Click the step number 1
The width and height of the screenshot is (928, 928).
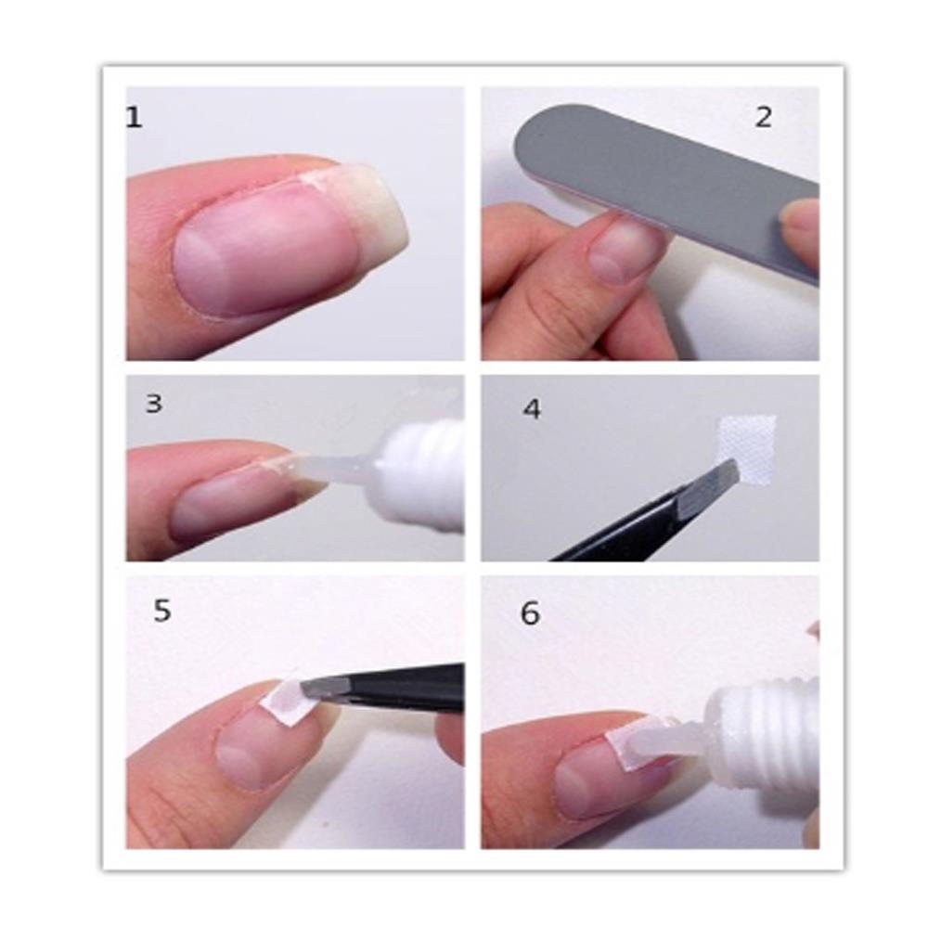tap(135, 118)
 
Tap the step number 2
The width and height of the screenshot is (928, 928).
tap(763, 118)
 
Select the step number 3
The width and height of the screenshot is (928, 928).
tap(154, 404)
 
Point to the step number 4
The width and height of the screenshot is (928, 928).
tap(531, 409)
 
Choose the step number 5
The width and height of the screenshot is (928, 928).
tap(162, 612)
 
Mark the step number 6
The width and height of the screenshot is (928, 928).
tap(530, 613)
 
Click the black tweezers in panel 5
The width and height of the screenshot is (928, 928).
tap(399, 687)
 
